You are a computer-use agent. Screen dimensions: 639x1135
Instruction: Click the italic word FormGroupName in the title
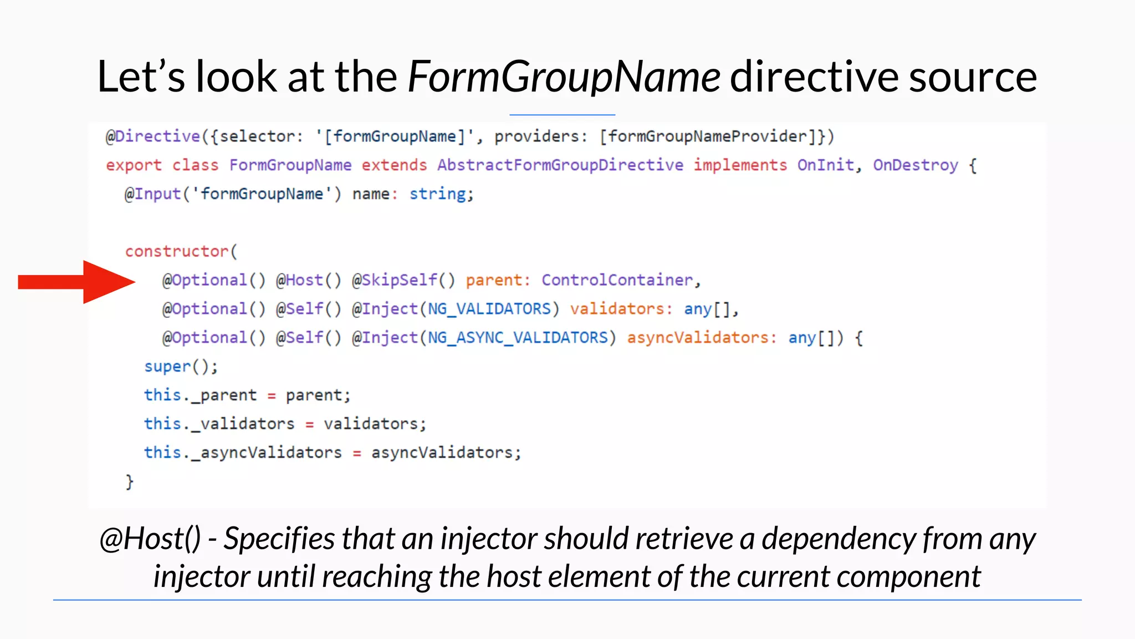click(564, 77)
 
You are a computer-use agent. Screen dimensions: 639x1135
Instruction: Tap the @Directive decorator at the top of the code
click(153, 136)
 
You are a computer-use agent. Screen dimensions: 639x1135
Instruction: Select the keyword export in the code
click(134, 165)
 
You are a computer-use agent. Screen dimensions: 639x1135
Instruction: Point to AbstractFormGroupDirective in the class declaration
click(560, 165)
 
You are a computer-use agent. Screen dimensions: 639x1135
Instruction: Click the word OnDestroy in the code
click(915, 165)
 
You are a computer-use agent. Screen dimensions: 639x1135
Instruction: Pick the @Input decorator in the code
click(153, 194)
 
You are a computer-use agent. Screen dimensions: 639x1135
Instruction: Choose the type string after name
click(438, 194)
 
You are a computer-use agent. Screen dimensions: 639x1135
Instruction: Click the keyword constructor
click(177, 251)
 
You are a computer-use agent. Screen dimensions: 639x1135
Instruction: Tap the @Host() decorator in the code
click(309, 280)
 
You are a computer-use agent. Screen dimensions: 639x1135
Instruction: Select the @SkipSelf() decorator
click(403, 280)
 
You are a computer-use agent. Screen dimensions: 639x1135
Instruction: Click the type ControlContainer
click(617, 280)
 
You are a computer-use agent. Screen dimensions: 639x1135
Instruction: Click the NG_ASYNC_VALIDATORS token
click(518, 338)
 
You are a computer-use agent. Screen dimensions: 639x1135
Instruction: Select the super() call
click(181, 367)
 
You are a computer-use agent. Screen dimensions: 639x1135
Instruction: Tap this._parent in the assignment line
click(200, 395)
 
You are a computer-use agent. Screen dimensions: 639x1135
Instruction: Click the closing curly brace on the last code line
click(129, 481)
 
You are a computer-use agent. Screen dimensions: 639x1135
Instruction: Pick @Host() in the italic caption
click(150, 539)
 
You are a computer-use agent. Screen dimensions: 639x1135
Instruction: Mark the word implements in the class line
click(740, 165)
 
